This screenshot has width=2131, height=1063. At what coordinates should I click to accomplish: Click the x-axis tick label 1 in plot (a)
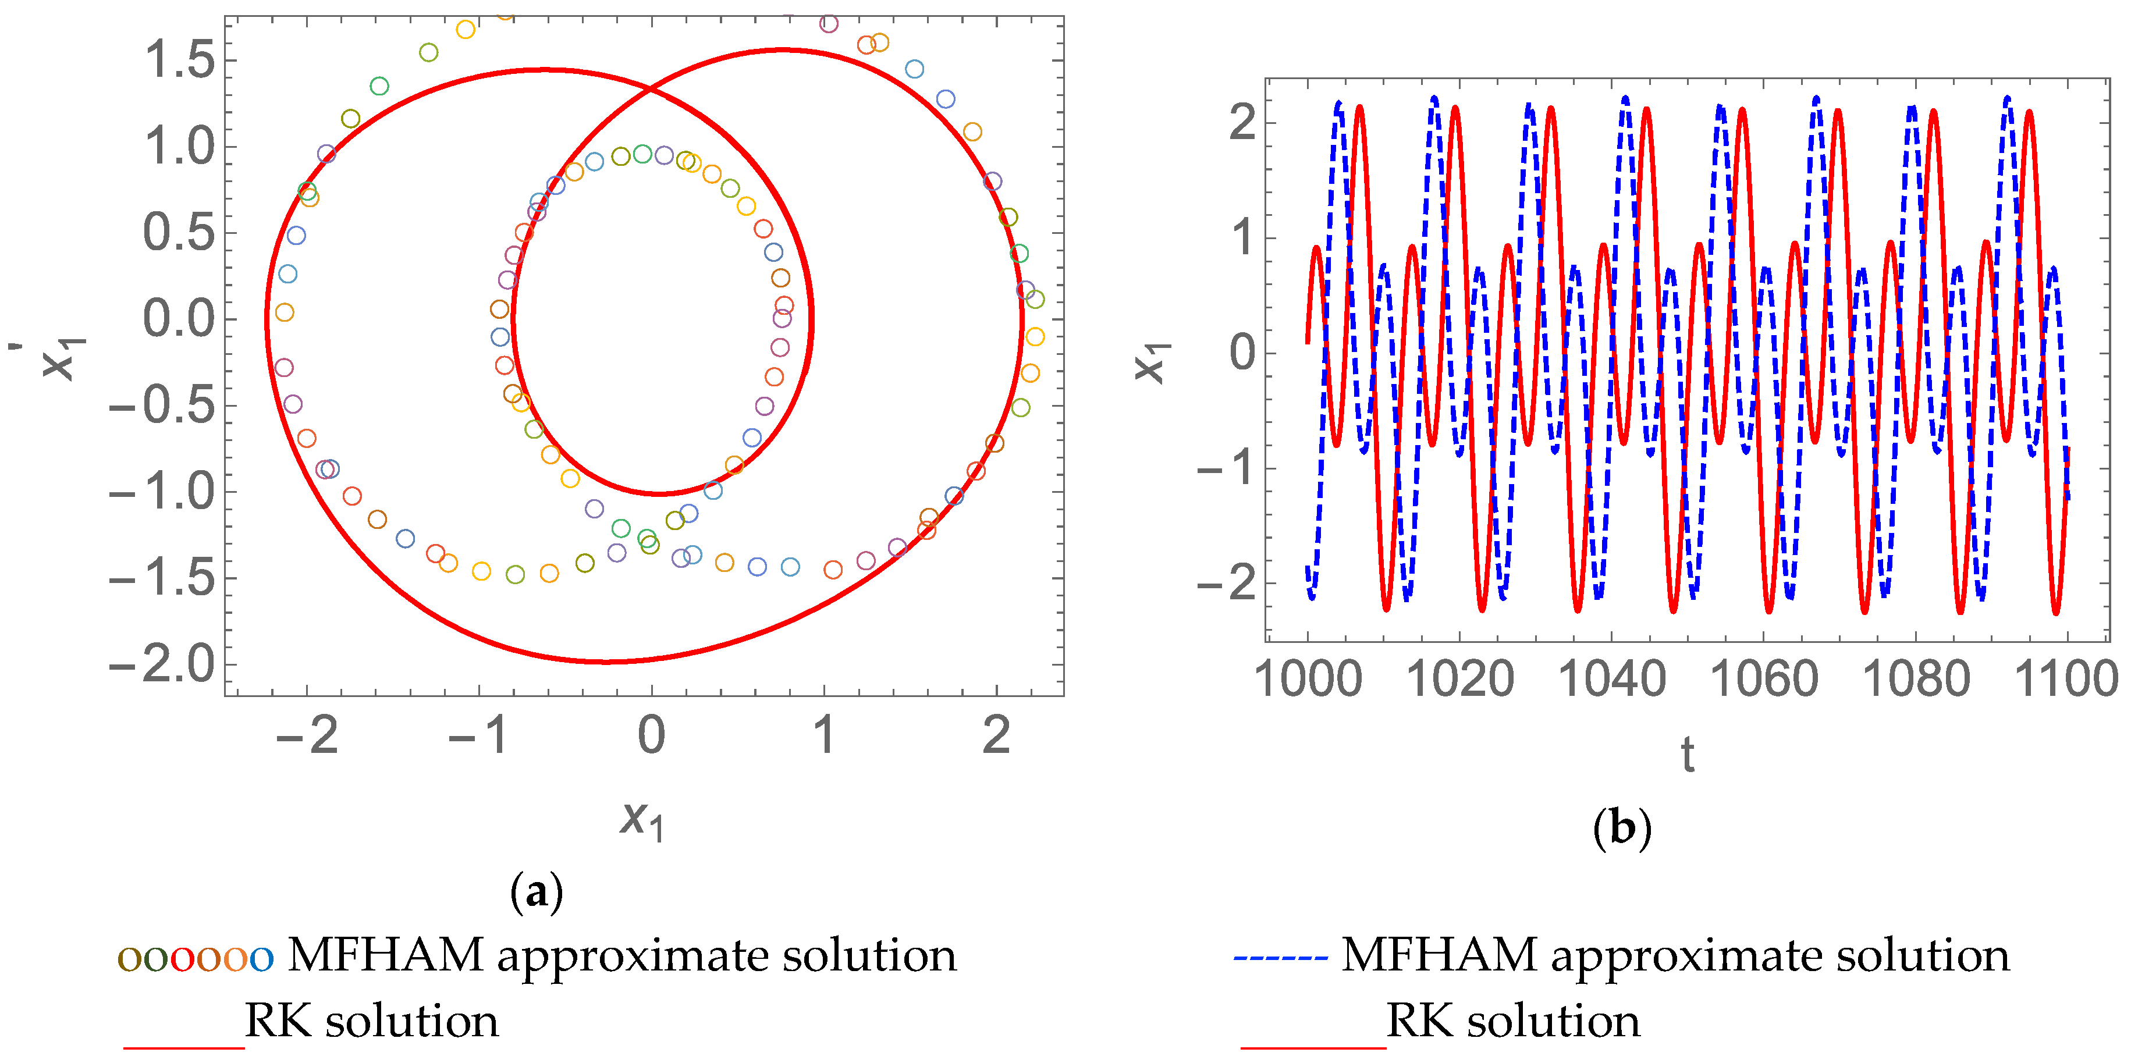pyautogui.click(x=824, y=735)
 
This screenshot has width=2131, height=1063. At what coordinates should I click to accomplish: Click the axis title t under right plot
pyautogui.click(x=1688, y=755)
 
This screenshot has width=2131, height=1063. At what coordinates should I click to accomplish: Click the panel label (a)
pyautogui.click(x=537, y=892)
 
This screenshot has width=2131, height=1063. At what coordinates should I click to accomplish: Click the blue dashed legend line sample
pyautogui.click(x=1281, y=958)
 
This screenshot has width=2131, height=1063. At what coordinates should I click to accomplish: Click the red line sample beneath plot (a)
pyautogui.click(x=184, y=1047)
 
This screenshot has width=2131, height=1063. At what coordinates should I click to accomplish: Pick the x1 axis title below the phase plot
pyautogui.click(x=642, y=820)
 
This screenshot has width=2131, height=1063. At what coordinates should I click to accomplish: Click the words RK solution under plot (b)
pyautogui.click(x=1513, y=1021)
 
